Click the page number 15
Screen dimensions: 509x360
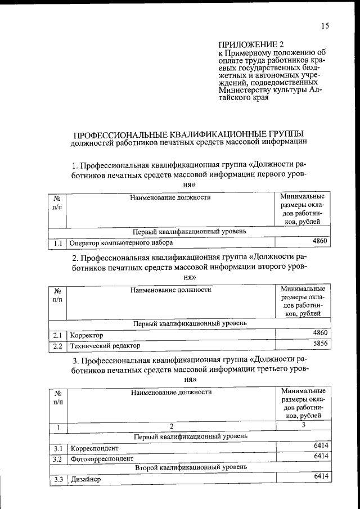pyautogui.click(x=325, y=25)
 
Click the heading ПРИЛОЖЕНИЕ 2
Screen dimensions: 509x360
pyautogui.click(x=247, y=44)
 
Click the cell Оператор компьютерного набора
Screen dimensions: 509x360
pyautogui.click(x=121, y=242)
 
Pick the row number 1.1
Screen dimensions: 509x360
pyautogui.click(x=57, y=242)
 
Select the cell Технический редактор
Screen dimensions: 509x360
pyautogui.click(x=105, y=345)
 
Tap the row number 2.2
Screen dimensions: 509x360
pyautogui.click(x=57, y=345)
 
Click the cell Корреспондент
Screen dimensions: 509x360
pyautogui.click(x=94, y=449)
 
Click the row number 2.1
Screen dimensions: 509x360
pyautogui.click(x=57, y=335)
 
